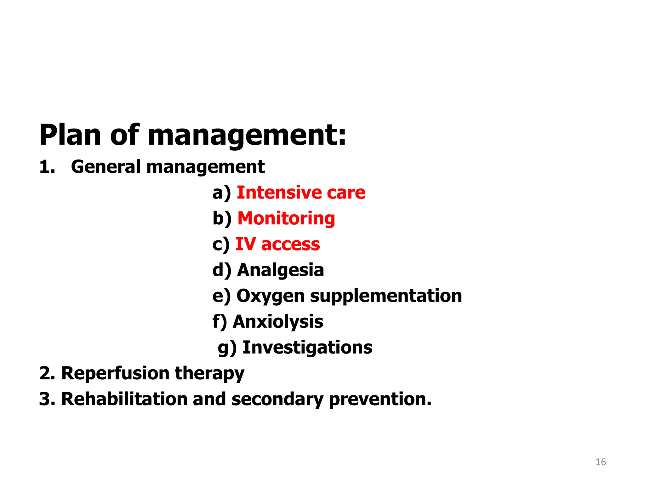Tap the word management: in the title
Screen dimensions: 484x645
247,135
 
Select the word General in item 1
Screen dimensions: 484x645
106,167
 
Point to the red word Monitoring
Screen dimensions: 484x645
286,218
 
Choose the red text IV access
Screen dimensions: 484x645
277,244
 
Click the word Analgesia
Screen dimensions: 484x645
280,270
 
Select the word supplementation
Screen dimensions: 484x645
386,296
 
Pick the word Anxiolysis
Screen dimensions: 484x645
278,322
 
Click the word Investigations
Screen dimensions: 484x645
307,348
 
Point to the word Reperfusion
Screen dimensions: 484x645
115,373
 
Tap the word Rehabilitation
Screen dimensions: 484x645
124,399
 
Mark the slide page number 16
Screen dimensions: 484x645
601,462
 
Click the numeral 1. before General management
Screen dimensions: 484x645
47,167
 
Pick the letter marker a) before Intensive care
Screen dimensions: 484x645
221,193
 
